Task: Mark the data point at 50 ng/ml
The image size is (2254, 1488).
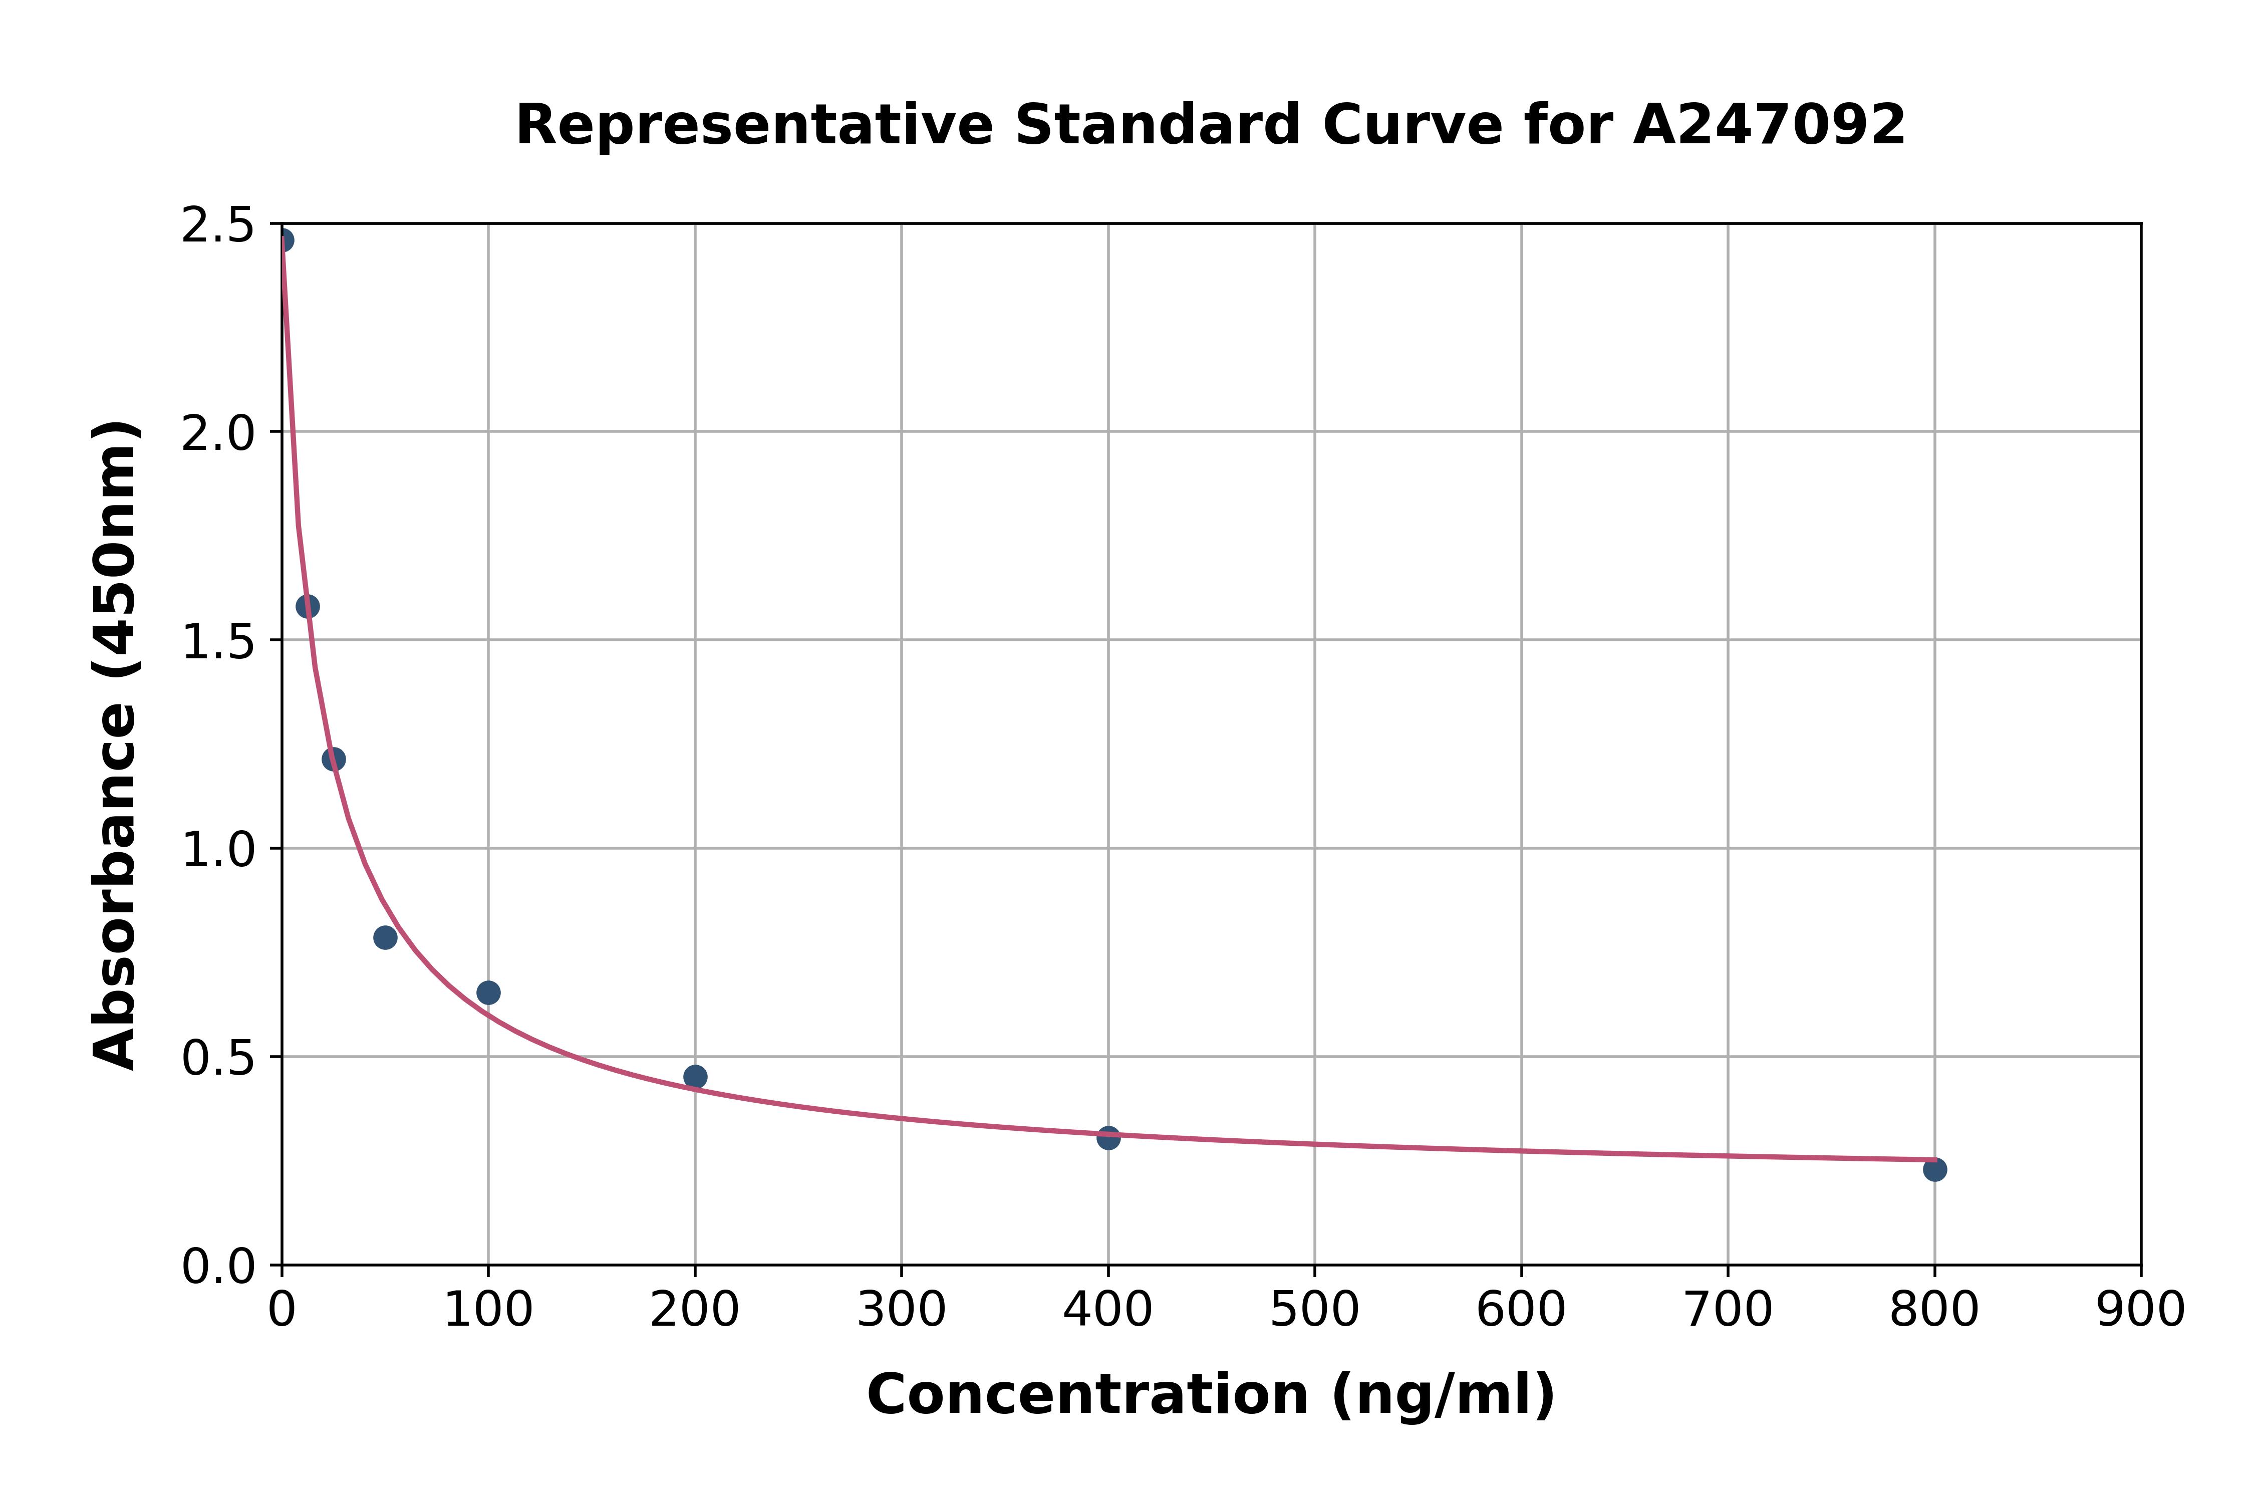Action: [x=385, y=937]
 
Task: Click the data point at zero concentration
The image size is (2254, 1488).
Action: [x=283, y=240]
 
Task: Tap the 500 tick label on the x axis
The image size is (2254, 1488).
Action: [x=1314, y=1311]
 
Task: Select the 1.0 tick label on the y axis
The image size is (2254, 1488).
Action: [x=217, y=849]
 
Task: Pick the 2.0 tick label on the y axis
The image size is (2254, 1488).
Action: [x=217, y=434]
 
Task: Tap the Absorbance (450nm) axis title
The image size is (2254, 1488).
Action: [x=116, y=745]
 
